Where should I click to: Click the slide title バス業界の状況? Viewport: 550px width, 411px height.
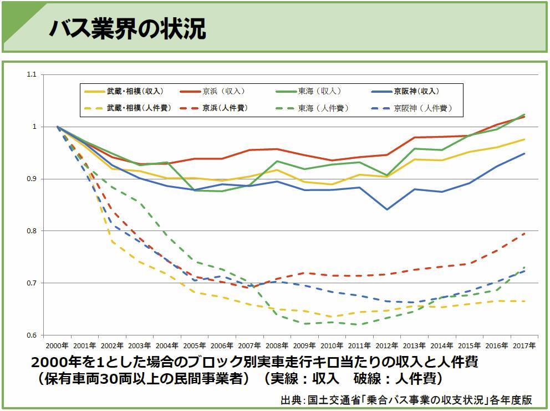pos(128,28)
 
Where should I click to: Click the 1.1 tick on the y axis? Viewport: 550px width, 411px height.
pos(31,74)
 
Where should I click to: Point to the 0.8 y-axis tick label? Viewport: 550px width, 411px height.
pos(31,231)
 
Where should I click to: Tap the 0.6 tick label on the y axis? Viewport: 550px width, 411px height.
pos(31,335)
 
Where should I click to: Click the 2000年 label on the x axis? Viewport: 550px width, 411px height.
pos(57,345)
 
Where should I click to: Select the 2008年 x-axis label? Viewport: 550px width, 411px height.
pos(277,345)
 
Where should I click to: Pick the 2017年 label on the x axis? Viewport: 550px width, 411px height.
pos(524,345)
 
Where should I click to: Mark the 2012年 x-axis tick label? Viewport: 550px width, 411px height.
pos(386,345)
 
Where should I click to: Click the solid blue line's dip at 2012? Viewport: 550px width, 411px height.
pos(386,209)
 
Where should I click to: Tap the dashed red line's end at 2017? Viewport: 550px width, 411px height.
pos(524,234)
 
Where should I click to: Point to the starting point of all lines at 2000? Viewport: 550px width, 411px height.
pos(58,127)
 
